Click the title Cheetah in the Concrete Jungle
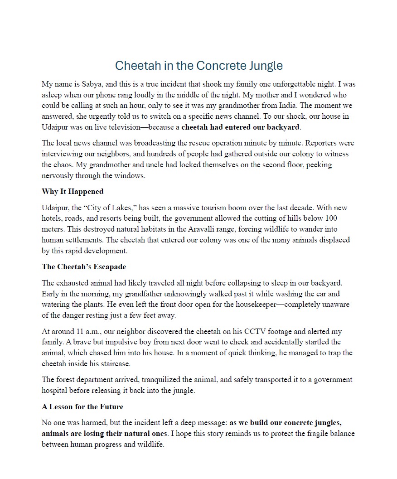click(x=198, y=66)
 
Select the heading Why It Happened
click(x=73, y=191)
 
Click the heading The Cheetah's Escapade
click(x=84, y=266)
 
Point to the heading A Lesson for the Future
click(x=82, y=406)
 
